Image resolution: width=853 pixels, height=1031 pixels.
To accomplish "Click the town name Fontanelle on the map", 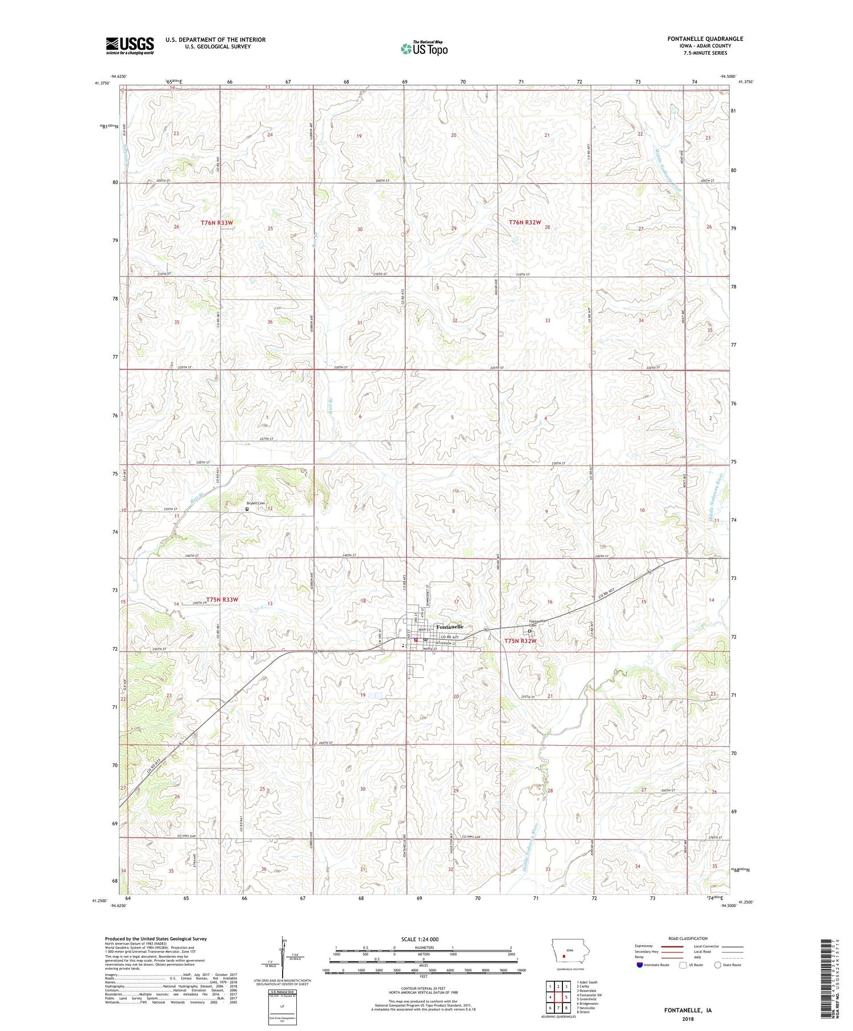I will pyautogui.click(x=450, y=627).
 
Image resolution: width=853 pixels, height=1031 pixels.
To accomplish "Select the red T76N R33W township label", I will pyautogui.click(x=217, y=223).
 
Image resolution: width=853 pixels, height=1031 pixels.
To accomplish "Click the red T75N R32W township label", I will pyautogui.click(x=521, y=641).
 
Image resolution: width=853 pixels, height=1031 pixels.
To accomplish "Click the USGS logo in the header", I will pyautogui.click(x=130, y=45).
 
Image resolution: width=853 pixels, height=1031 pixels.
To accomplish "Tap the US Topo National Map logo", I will pyautogui.click(x=424, y=48).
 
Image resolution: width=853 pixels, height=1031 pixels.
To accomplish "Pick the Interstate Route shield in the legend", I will pyautogui.click(x=640, y=965).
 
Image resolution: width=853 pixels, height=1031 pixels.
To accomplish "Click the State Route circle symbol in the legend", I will pyautogui.click(x=718, y=964).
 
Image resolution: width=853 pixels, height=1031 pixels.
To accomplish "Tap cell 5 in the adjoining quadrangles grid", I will pyautogui.click(x=566, y=996).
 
